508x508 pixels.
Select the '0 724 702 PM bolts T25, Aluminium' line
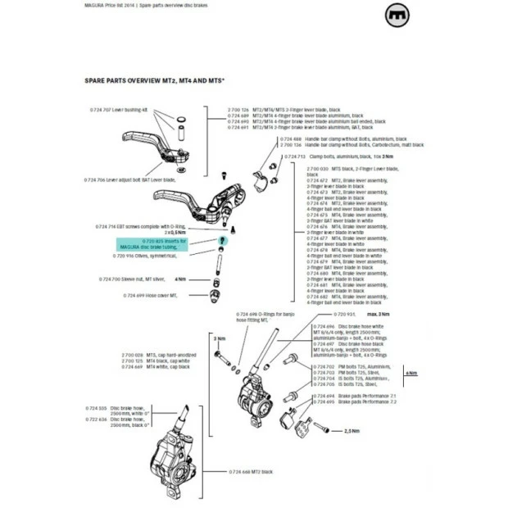point(352,367)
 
